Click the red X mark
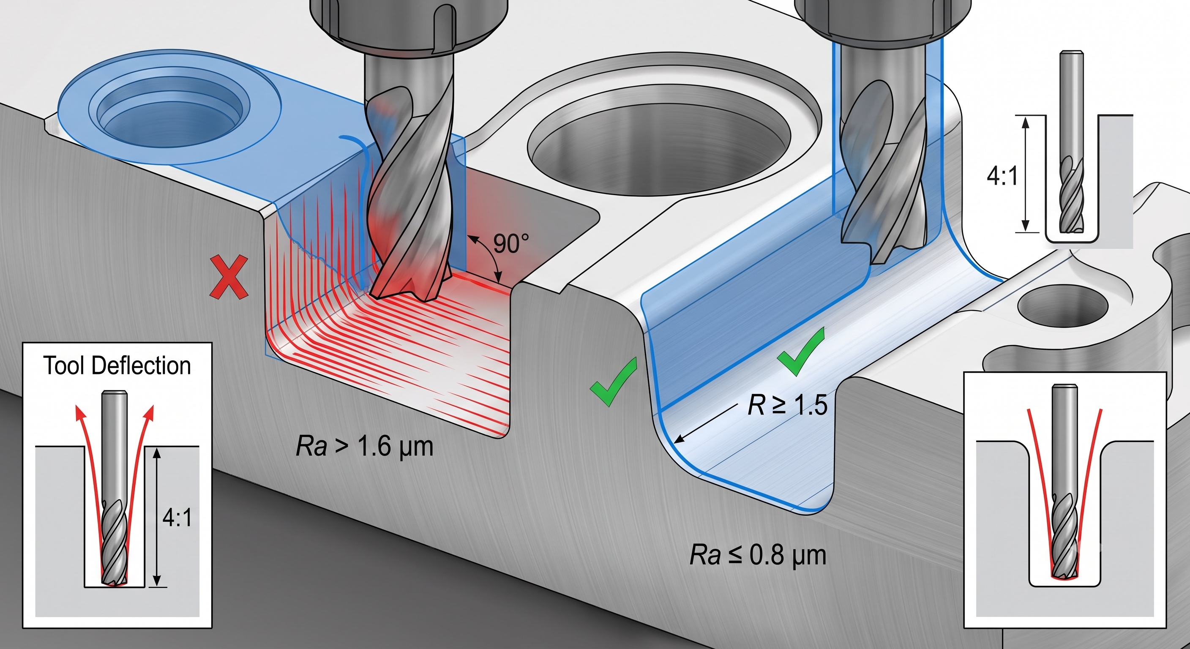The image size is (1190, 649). click(229, 277)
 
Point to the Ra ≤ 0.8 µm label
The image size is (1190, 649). click(758, 555)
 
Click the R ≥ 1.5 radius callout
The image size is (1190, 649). click(787, 405)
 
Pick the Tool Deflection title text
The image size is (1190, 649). click(117, 366)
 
